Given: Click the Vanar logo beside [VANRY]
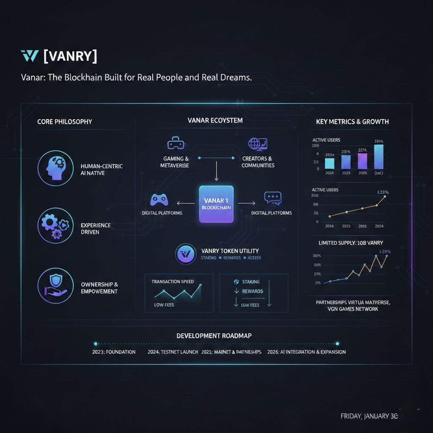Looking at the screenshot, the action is pyautogui.click(x=29, y=56).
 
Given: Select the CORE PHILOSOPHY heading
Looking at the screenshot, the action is pyautogui.click(x=64, y=122).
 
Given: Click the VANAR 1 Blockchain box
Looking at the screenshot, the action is pyautogui.click(x=216, y=204).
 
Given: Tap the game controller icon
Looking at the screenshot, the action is pyautogui.click(x=160, y=199).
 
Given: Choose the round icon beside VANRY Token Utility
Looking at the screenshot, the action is pyautogui.click(x=185, y=254).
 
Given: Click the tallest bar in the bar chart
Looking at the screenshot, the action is pyautogui.click(x=379, y=156).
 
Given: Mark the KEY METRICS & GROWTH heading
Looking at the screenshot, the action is pyautogui.click(x=352, y=122).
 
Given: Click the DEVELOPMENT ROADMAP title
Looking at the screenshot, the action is pyautogui.click(x=214, y=336).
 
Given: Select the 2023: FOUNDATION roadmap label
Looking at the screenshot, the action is pyautogui.click(x=114, y=352).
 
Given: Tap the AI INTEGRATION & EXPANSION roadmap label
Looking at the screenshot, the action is pyautogui.click(x=307, y=352).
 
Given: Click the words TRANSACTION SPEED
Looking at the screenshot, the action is pyautogui.click(x=173, y=282).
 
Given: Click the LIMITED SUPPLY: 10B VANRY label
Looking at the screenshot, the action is pyautogui.click(x=352, y=243).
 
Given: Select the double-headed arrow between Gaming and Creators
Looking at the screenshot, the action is pyautogui.click(x=216, y=158).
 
